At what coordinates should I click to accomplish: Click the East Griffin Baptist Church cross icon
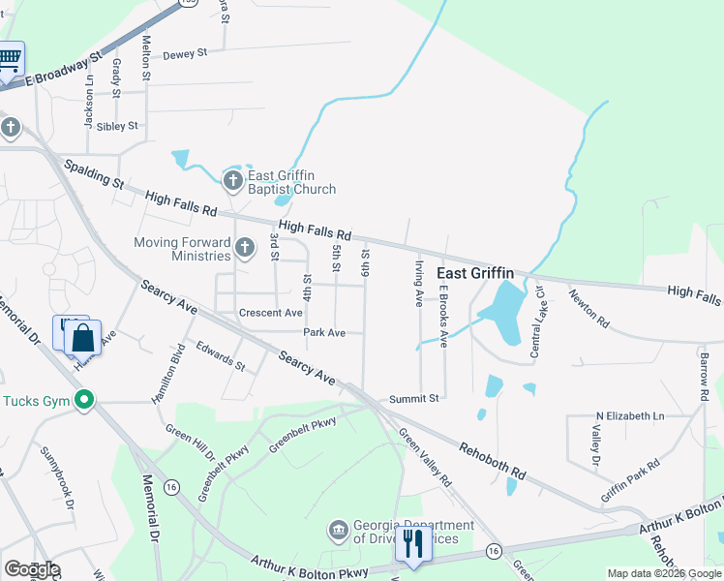pyautogui.click(x=232, y=181)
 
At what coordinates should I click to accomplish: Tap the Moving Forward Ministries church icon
pyautogui.click(x=245, y=249)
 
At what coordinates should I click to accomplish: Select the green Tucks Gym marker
pyautogui.click(x=84, y=400)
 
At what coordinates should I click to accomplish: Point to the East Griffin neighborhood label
pyautogui.click(x=474, y=273)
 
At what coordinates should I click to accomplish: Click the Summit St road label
pyautogui.click(x=414, y=398)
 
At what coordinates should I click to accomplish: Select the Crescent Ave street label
pyautogui.click(x=271, y=313)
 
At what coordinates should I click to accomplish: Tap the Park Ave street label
pyautogui.click(x=324, y=332)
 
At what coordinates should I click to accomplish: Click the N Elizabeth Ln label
pyautogui.click(x=630, y=415)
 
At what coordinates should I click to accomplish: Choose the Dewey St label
pyautogui.click(x=186, y=54)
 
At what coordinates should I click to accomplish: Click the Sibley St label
pyautogui.click(x=117, y=126)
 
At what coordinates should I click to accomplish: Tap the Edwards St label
pyautogui.click(x=220, y=355)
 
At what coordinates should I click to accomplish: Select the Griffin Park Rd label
pyautogui.click(x=630, y=478)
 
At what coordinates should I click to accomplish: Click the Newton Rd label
pyautogui.click(x=589, y=308)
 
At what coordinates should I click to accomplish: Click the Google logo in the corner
pyautogui.click(x=32, y=569)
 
